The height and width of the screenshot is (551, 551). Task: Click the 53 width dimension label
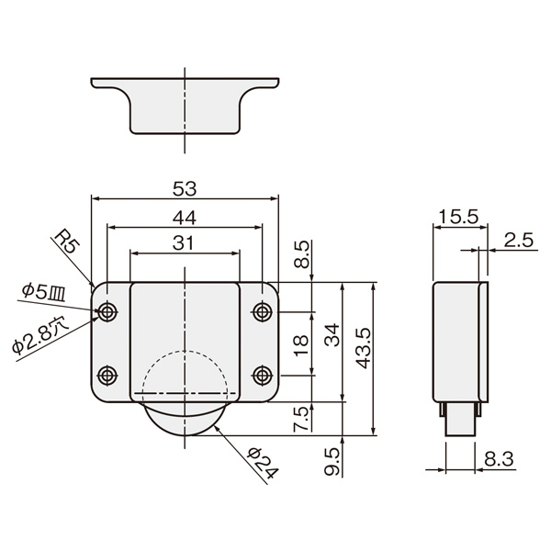(x=185, y=189)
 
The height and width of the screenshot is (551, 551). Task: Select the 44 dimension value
(x=185, y=218)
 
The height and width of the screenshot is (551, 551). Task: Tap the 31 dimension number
(x=183, y=242)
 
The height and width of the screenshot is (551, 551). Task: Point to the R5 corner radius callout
(x=68, y=241)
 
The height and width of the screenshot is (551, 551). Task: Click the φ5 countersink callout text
(x=43, y=292)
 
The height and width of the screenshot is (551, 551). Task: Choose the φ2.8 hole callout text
(x=40, y=335)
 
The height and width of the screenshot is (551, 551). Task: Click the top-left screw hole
(x=107, y=311)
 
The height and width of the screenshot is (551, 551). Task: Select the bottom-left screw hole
(x=107, y=376)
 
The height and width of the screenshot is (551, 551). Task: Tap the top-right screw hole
(x=263, y=311)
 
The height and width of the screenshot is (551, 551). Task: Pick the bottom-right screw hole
(x=263, y=376)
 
